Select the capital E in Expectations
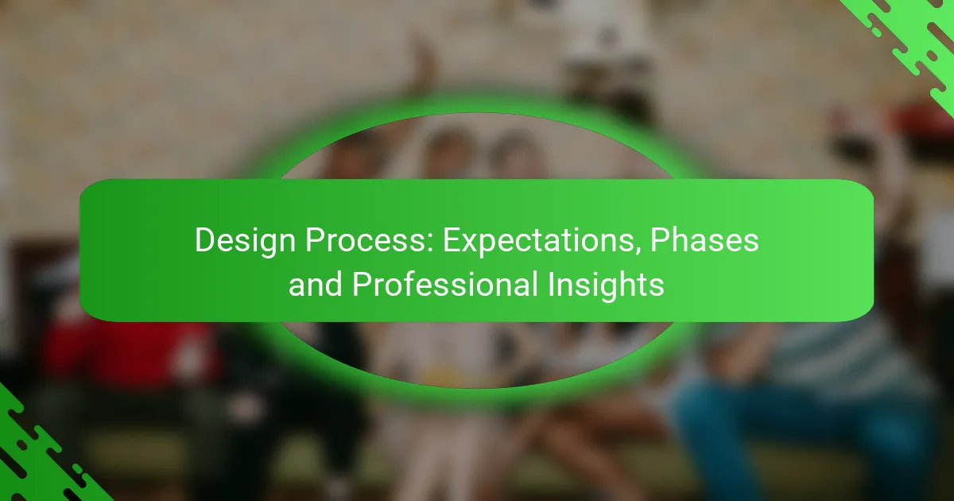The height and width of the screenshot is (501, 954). coord(451,240)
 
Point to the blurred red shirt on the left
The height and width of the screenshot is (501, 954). coord(119,350)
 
